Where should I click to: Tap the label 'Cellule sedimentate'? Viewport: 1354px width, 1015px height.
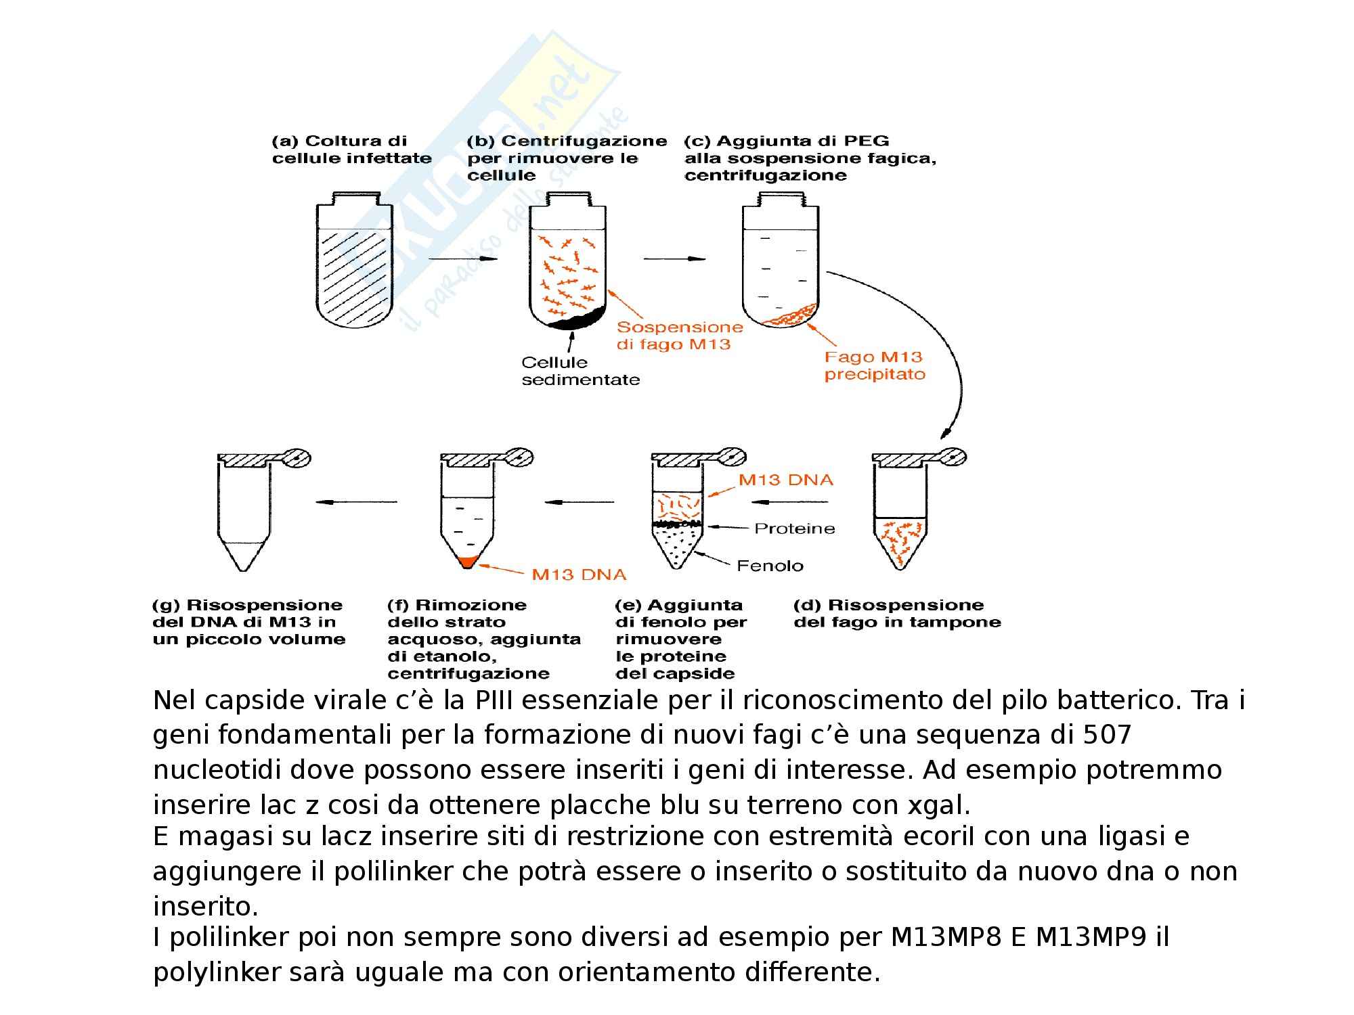coord(580,371)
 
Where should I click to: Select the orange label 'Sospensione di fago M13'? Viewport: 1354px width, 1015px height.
coord(680,336)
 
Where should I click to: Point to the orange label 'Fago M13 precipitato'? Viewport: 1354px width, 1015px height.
coord(874,365)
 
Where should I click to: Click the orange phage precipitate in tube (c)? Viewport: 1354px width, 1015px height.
coord(789,315)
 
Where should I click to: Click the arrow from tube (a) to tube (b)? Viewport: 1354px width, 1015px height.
coord(463,258)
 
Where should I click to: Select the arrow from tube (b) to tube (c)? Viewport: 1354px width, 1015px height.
coord(674,258)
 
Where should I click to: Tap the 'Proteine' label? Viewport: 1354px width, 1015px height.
coord(795,528)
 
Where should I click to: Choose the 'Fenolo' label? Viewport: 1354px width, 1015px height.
coord(770,566)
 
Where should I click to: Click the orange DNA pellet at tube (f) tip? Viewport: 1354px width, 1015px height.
coord(467,560)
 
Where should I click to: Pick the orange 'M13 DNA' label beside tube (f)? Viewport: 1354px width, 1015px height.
coord(579,574)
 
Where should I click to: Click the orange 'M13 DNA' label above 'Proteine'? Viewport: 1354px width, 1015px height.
coord(785,480)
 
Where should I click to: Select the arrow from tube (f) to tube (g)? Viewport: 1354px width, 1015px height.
coord(356,502)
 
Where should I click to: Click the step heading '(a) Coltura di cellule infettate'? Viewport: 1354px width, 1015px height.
coord(351,150)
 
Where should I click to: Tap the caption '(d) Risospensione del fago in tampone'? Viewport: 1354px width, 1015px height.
coord(897,613)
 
